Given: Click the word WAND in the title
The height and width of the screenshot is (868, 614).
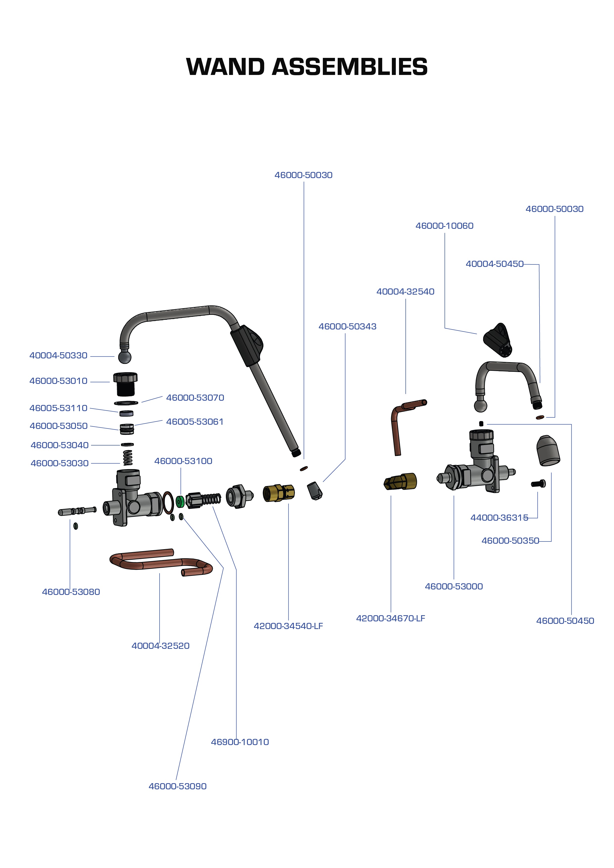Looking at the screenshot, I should click(x=225, y=67).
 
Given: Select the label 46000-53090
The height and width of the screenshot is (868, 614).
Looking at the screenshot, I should click(x=177, y=786).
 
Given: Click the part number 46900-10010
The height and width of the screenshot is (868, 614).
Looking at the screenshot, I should click(x=240, y=742).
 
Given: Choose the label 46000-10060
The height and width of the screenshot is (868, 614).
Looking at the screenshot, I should click(x=444, y=226).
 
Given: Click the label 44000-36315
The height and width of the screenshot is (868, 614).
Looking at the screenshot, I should click(x=499, y=517).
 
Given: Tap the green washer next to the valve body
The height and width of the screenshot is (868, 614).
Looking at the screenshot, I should click(x=180, y=501).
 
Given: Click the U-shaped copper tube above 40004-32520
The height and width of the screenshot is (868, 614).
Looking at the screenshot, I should click(x=159, y=562).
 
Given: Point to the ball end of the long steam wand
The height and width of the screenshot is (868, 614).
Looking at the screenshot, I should click(x=125, y=356).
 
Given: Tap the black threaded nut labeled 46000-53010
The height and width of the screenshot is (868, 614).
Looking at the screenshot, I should click(x=125, y=382).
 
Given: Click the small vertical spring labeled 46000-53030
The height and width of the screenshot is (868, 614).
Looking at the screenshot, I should click(x=128, y=457).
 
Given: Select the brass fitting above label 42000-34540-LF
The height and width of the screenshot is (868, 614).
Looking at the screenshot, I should click(x=279, y=493).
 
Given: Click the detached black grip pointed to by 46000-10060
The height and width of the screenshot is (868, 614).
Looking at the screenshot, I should click(x=497, y=339).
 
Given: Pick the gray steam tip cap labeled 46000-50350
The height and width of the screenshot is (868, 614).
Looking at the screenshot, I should click(x=548, y=450).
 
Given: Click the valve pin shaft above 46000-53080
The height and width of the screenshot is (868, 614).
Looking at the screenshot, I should click(x=77, y=511).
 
